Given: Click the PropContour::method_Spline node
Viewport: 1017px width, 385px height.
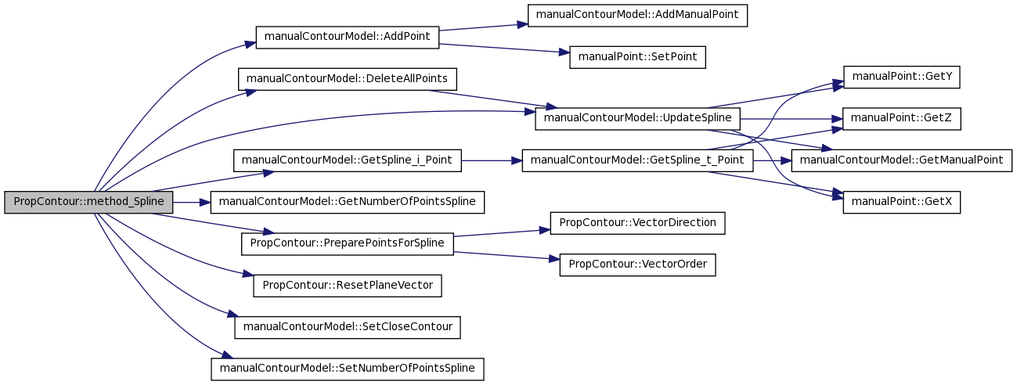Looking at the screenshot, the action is (88, 202).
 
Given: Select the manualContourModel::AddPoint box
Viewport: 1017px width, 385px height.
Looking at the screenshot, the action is (348, 38).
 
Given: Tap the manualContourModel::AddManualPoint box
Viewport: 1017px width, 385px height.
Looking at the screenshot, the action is (637, 16).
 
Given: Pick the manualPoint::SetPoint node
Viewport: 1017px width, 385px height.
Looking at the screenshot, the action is (637, 57).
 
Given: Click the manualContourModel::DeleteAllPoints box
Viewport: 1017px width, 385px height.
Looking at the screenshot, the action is (348, 79).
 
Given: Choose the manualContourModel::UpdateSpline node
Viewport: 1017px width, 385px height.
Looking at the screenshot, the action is (637, 119).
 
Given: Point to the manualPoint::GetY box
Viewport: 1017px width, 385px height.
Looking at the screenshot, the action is (902, 77).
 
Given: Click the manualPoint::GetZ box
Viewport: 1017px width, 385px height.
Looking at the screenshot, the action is (902, 119).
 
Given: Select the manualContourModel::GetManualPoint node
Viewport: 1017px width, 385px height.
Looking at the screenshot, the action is (902, 160).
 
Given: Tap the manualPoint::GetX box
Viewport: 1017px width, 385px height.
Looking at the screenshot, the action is (902, 202).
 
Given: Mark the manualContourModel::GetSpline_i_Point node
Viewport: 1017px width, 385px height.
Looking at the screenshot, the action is (348, 160).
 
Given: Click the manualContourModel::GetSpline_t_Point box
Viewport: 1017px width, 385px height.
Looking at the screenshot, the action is (637, 160).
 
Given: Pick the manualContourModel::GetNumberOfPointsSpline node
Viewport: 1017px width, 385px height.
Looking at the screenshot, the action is (348, 202).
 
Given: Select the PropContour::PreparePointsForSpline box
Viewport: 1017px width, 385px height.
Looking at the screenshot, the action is (348, 244).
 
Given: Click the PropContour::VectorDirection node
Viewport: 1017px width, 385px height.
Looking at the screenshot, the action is (637, 223).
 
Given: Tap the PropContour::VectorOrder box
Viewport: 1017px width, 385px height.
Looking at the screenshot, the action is (637, 264).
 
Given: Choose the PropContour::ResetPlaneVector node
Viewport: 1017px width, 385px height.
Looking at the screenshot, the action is (348, 286).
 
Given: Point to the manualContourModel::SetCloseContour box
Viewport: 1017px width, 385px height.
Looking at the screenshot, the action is (348, 327).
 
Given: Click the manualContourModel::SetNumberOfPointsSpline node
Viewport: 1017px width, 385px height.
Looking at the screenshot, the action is (348, 369).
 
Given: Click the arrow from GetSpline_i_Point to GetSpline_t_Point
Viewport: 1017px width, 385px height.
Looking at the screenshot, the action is (492, 160).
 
